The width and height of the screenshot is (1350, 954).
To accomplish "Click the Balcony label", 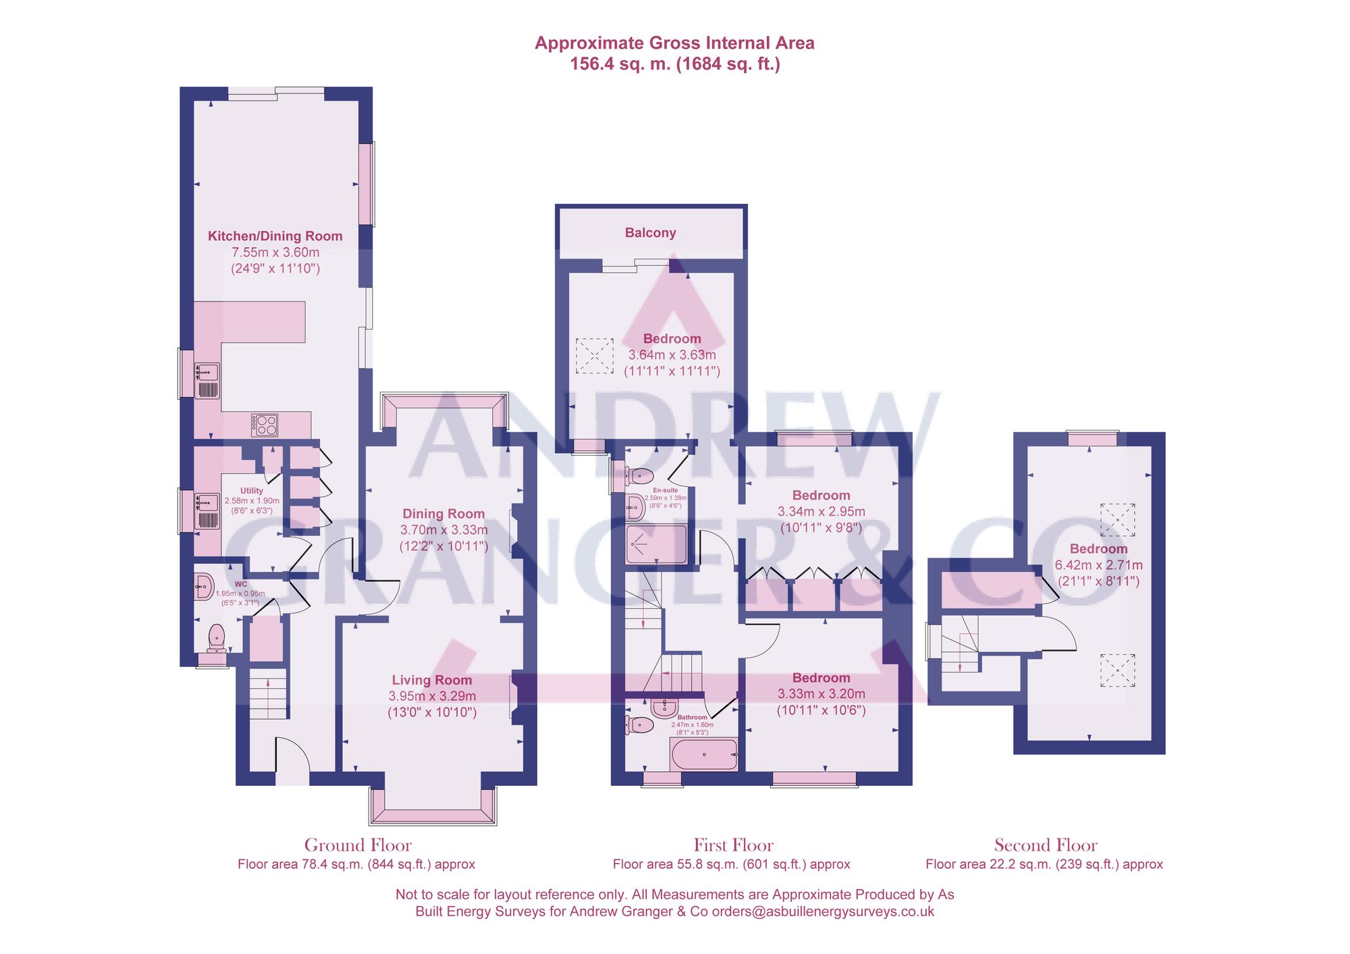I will [x=650, y=233].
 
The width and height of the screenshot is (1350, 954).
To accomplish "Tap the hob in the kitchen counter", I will [x=265, y=425].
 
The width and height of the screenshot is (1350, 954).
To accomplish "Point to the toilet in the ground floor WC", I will [x=216, y=637].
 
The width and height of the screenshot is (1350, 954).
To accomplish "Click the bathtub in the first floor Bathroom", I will [x=704, y=754].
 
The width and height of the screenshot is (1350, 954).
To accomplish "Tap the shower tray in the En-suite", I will [x=656, y=544].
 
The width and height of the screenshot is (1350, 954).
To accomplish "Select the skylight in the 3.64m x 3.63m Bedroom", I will [x=595, y=355].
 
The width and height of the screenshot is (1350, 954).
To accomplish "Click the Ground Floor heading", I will [x=358, y=845].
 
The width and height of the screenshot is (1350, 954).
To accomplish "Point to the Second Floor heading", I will [x=1045, y=845].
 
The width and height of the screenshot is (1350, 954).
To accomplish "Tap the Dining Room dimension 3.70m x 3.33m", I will [x=443, y=530].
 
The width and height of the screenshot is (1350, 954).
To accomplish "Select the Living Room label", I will [x=432, y=680].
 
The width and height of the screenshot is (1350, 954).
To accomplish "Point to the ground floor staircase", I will [x=268, y=694].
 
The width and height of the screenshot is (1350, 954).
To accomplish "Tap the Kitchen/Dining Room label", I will [x=275, y=236].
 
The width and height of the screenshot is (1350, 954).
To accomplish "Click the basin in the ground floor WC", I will [x=203, y=586].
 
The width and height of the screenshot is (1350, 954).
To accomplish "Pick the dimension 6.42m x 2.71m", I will [x=1098, y=565].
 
